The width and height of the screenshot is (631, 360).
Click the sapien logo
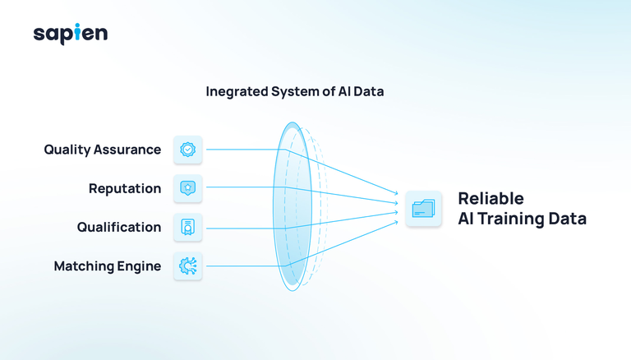pyautogui.click(x=71, y=34)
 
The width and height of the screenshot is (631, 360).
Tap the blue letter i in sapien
pyautogui.click(x=78, y=32)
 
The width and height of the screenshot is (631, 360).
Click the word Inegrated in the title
pyautogui.click(x=237, y=92)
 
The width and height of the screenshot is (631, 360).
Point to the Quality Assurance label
pyautogui.click(x=102, y=150)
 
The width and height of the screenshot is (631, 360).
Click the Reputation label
pyautogui.click(x=125, y=188)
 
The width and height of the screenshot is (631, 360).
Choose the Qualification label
pyautogui.click(x=119, y=227)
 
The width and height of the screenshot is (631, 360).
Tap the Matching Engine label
pyautogui.click(x=108, y=266)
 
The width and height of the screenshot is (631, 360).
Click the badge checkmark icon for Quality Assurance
pyautogui.click(x=188, y=150)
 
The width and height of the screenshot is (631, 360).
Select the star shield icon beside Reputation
pyautogui.click(x=188, y=188)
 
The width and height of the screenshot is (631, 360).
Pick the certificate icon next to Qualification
pyautogui.click(x=188, y=227)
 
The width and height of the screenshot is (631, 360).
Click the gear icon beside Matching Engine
pyautogui.click(x=188, y=266)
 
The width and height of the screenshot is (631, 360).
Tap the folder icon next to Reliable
pyautogui.click(x=423, y=209)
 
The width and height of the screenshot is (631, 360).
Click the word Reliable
pyautogui.click(x=491, y=199)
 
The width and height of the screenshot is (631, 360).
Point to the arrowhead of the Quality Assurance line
pyautogui.click(x=396, y=193)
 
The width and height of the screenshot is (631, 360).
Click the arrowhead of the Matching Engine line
pyautogui.click(x=396, y=222)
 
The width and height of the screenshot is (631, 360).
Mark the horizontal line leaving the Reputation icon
pyautogui.click(x=246, y=187)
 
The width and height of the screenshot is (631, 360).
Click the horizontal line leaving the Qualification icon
pyautogui.click(x=246, y=228)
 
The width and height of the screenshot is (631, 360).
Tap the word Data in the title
pyautogui.click(x=369, y=92)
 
